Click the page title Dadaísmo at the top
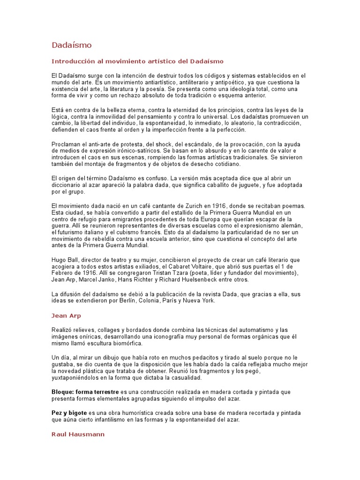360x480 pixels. pos(72,45)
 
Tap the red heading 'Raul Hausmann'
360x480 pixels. pos(78,435)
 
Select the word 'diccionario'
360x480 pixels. pos(67,185)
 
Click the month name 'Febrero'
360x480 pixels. pos(64,273)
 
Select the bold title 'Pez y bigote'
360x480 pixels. pos(69,413)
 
